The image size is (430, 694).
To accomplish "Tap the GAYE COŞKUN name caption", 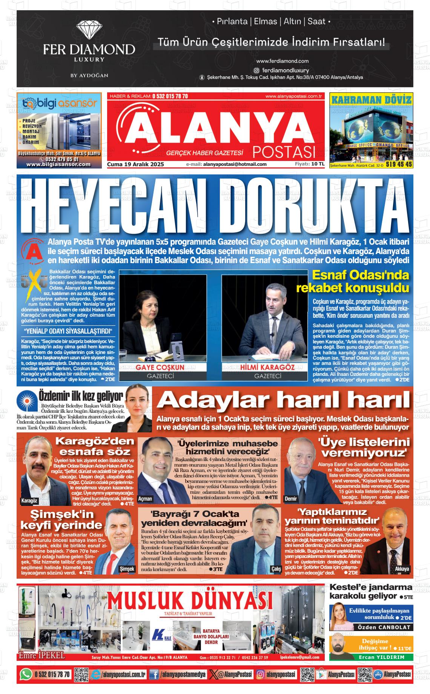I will point(160,367).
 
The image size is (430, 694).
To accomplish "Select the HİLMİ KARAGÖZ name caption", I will point(267,367).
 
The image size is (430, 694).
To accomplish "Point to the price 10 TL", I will point(318,164).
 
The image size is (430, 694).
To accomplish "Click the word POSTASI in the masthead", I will point(284,152).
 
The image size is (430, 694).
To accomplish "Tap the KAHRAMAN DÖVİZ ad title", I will point(371,100).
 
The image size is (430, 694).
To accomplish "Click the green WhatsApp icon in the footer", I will point(26,674).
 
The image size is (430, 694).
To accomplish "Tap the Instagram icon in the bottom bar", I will point(260,674).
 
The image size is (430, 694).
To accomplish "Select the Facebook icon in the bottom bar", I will point(154,674).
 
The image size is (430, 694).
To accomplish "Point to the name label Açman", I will point(145,498).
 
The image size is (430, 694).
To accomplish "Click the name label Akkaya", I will point(402,569).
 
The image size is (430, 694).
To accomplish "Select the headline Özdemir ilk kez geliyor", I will point(81,397).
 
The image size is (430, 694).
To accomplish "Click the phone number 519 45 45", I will point(399,164).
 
